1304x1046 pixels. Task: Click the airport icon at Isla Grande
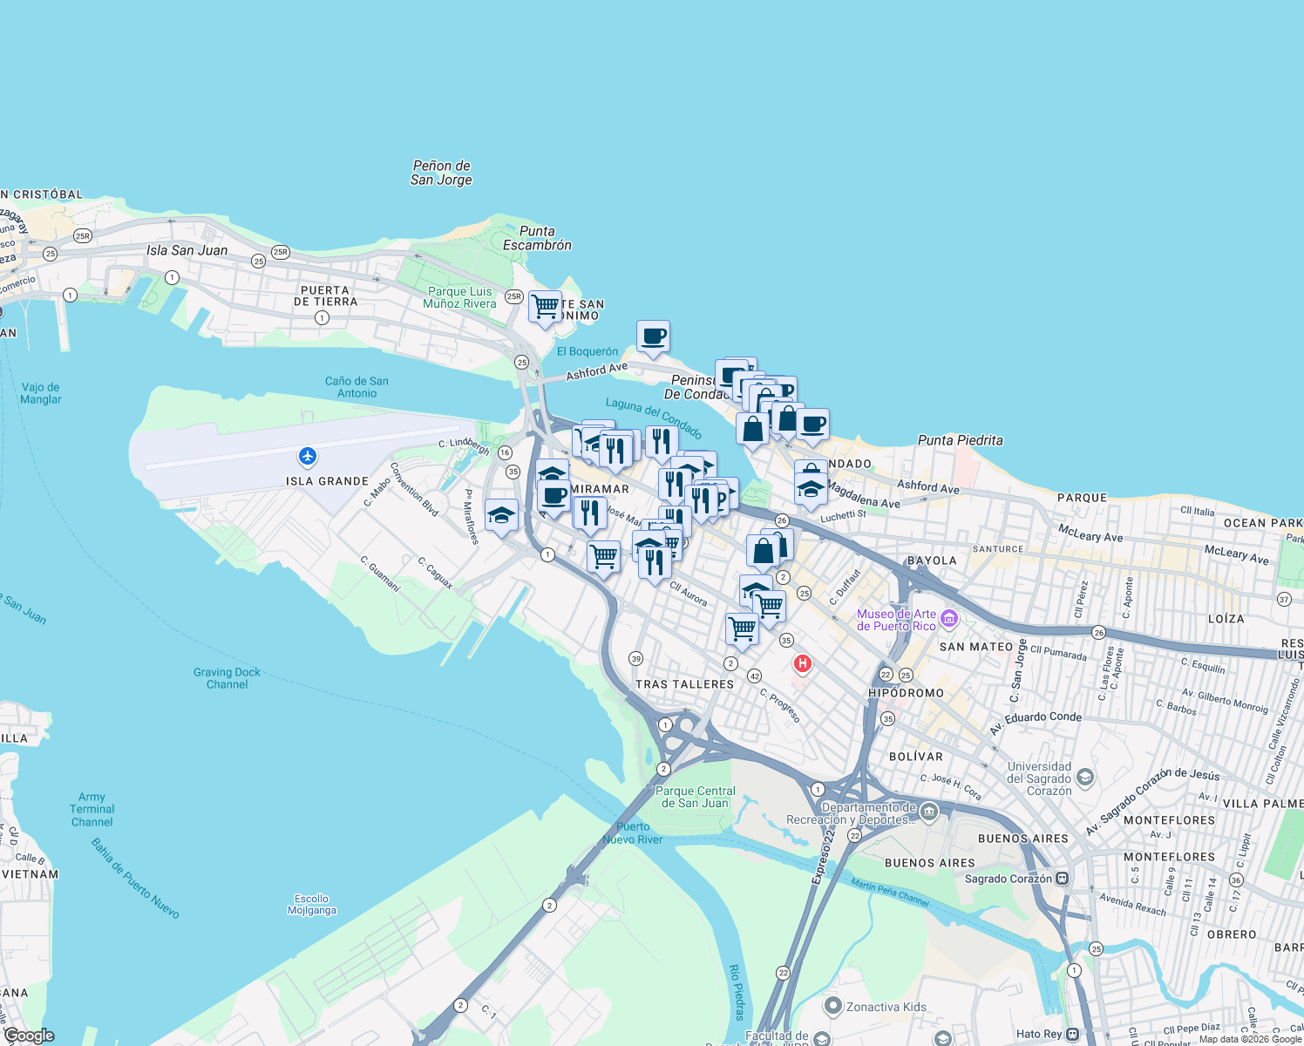(x=307, y=456)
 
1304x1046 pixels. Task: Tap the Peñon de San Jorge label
(x=441, y=173)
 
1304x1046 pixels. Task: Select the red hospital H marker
(x=802, y=664)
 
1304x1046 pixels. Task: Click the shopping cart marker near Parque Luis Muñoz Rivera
(x=545, y=307)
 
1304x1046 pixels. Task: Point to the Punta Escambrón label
(x=537, y=238)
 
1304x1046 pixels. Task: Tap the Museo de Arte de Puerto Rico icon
(x=949, y=620)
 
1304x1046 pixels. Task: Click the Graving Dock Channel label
(x=227, y=678)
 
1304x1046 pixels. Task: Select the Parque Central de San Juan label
(x=696, y=797)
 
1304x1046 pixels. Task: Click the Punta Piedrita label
(x=960, y=440)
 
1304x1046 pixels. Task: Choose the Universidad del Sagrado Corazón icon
(x=1085, y=776)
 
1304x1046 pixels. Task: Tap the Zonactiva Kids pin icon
(x=832, y=1007)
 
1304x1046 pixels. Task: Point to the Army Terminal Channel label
(x=92, y=809)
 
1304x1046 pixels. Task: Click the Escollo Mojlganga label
(x=312, y=905)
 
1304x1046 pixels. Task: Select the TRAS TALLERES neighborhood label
(x=684, y=684)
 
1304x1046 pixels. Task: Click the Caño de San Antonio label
(x=357, y=387)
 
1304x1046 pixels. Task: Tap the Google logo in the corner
(x=30, y=1036)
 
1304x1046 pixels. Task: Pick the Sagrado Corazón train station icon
(x=1062, y=879)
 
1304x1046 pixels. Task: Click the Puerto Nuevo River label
(x=633, y=833)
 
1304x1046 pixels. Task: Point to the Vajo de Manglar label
(x=41, y=393)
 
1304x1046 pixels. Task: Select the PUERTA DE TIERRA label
(x=325, y=295)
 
